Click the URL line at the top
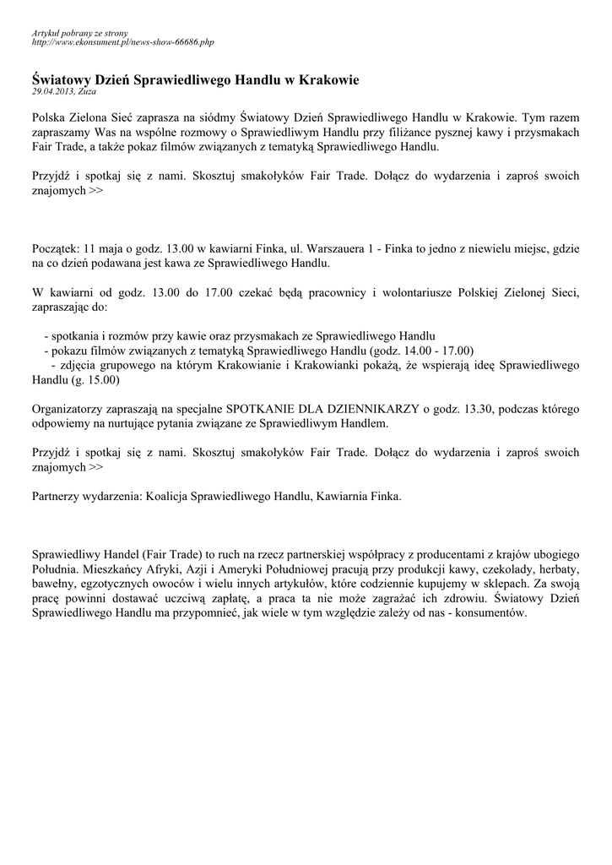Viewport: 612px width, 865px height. coord(122,41)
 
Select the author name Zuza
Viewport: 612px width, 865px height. coord(87,91)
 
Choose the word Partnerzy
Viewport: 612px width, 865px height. coord(57,497)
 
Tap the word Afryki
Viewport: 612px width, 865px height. coord(168,569)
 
